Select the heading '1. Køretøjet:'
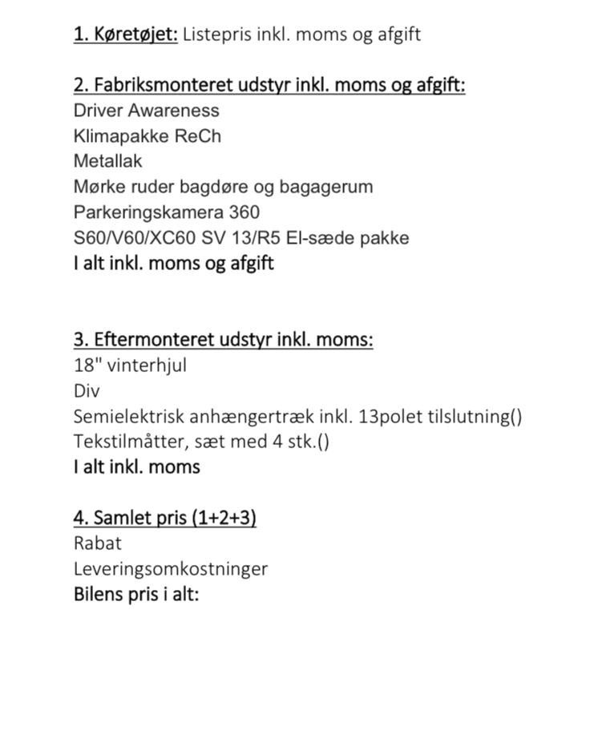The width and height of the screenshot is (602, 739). tap(126, 34)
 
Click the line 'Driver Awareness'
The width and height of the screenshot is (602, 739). tap(146, 111)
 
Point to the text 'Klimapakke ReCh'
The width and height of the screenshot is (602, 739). tap(147, 135)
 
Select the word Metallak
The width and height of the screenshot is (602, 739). tap(107, 161)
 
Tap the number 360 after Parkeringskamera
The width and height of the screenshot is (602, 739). tap(244, 212)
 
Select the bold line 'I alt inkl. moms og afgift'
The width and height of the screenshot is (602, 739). tap(173, 263)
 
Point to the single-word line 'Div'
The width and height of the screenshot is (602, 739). tap(86, 391)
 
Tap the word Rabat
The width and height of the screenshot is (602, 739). tap(97, 543)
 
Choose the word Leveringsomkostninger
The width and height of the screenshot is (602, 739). tap(170, 569)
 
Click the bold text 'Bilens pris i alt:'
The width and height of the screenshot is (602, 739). tap(136, 594)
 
